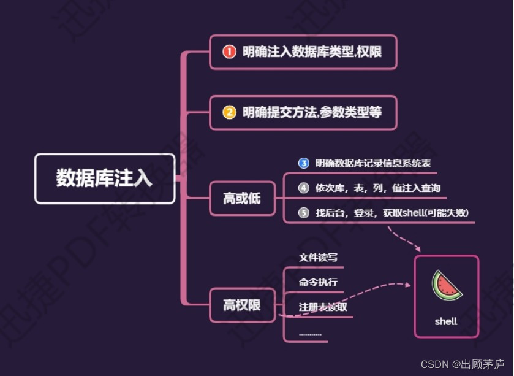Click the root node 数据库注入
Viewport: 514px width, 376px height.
click(105, 178)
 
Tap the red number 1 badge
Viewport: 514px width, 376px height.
click(229, 52)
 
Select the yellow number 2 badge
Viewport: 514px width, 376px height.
click(229, 112)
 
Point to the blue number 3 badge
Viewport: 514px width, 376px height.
click(304, 163)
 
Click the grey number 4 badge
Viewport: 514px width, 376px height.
click(304, 188)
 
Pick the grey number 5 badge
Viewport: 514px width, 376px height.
click(304, 213)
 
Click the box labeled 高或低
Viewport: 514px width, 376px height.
click(242, 198)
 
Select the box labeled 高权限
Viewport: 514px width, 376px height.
click(242, 304)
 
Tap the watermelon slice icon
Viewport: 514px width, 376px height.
click(446, 286)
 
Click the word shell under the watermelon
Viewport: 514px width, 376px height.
click(446, 321)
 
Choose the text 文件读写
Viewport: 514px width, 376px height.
click(318, 258)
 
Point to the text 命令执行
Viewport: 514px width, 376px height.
click(318, 283)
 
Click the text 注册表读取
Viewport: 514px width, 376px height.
click(323, 307)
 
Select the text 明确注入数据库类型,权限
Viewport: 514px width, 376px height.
click(312, 52)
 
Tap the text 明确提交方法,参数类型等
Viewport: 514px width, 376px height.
click(312, 112)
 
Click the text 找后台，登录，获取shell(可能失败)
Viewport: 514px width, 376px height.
click(392, 213)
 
